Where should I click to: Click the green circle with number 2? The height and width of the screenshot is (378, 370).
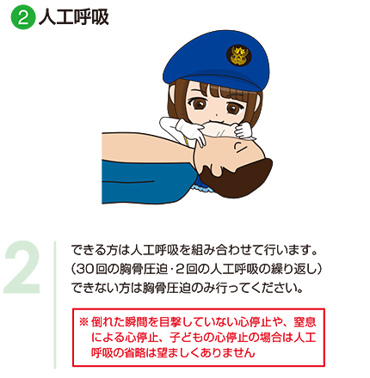coord(23,17)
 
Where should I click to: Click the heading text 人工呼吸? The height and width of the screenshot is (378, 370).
coord(74,17)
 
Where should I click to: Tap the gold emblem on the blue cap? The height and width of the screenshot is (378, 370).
coord(237,55)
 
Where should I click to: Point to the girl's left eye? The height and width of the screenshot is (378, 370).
coord(198,103)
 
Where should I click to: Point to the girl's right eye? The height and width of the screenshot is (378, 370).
coord(233,108)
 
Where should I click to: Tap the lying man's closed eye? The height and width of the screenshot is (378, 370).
coord(239,147)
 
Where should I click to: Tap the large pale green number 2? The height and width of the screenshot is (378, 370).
coord(22,267)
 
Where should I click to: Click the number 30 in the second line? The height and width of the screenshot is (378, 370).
coord(85,269)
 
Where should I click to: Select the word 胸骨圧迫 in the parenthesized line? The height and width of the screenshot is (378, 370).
coord(144,269)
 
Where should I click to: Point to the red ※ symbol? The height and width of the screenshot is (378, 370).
coord(83,322)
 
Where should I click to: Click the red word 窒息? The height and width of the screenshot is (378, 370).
coord(305,322)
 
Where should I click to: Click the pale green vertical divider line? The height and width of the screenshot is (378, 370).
coord(55,305)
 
